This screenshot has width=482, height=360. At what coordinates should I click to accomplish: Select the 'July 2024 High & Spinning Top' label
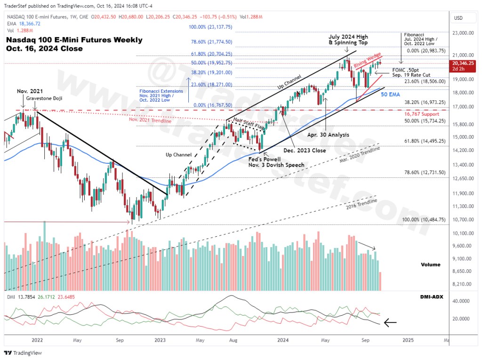click(348, 40)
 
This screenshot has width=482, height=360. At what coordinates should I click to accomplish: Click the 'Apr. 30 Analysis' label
click(328, 135)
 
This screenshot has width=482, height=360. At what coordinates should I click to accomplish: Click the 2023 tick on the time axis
click(160, 339)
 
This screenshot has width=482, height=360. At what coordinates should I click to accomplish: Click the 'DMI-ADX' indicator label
click(430, 298)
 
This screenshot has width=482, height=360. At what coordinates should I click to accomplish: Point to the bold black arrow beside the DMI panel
click(391, 323)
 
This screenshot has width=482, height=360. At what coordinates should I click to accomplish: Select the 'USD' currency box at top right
click(458, 18)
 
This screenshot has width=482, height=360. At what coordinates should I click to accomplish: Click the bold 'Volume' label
click(430, 264)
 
